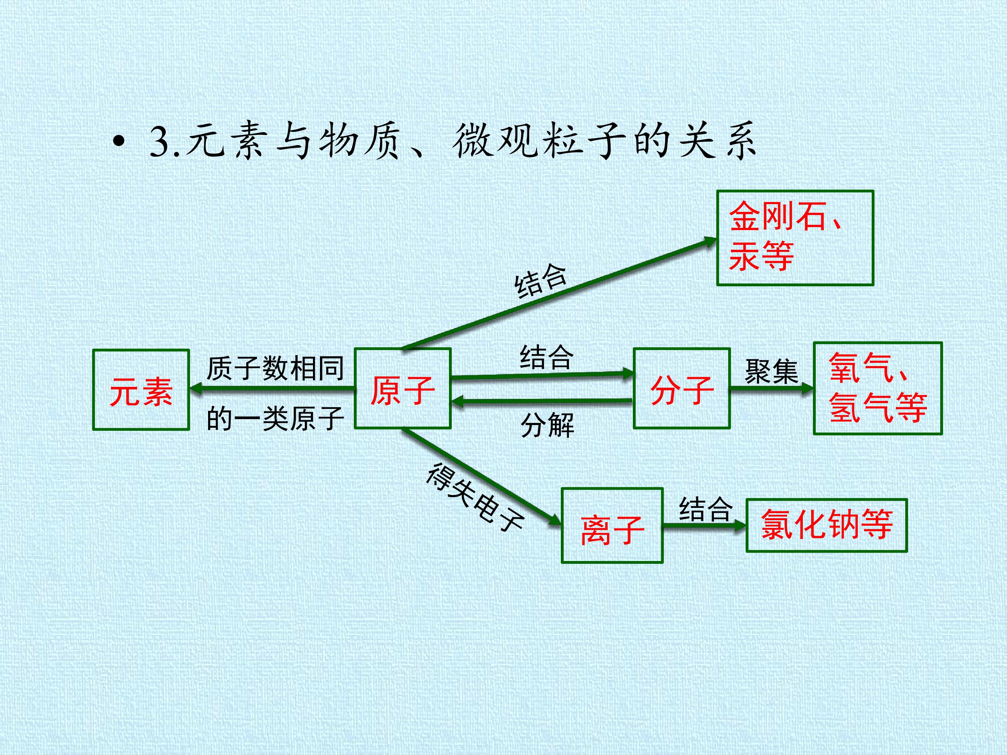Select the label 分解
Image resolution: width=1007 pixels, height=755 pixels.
tap(548, 425)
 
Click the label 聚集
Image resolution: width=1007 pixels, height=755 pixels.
tap(772, 371)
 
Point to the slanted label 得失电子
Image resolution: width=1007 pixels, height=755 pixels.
tap(475, 496)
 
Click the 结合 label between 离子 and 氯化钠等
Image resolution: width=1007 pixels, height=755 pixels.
tap(706, 509)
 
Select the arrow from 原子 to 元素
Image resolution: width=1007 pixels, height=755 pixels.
tap(272, 389)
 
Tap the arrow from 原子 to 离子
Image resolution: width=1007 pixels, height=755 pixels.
tap(482, 476)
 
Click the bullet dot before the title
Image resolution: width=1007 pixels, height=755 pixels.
tap(119, 142)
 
